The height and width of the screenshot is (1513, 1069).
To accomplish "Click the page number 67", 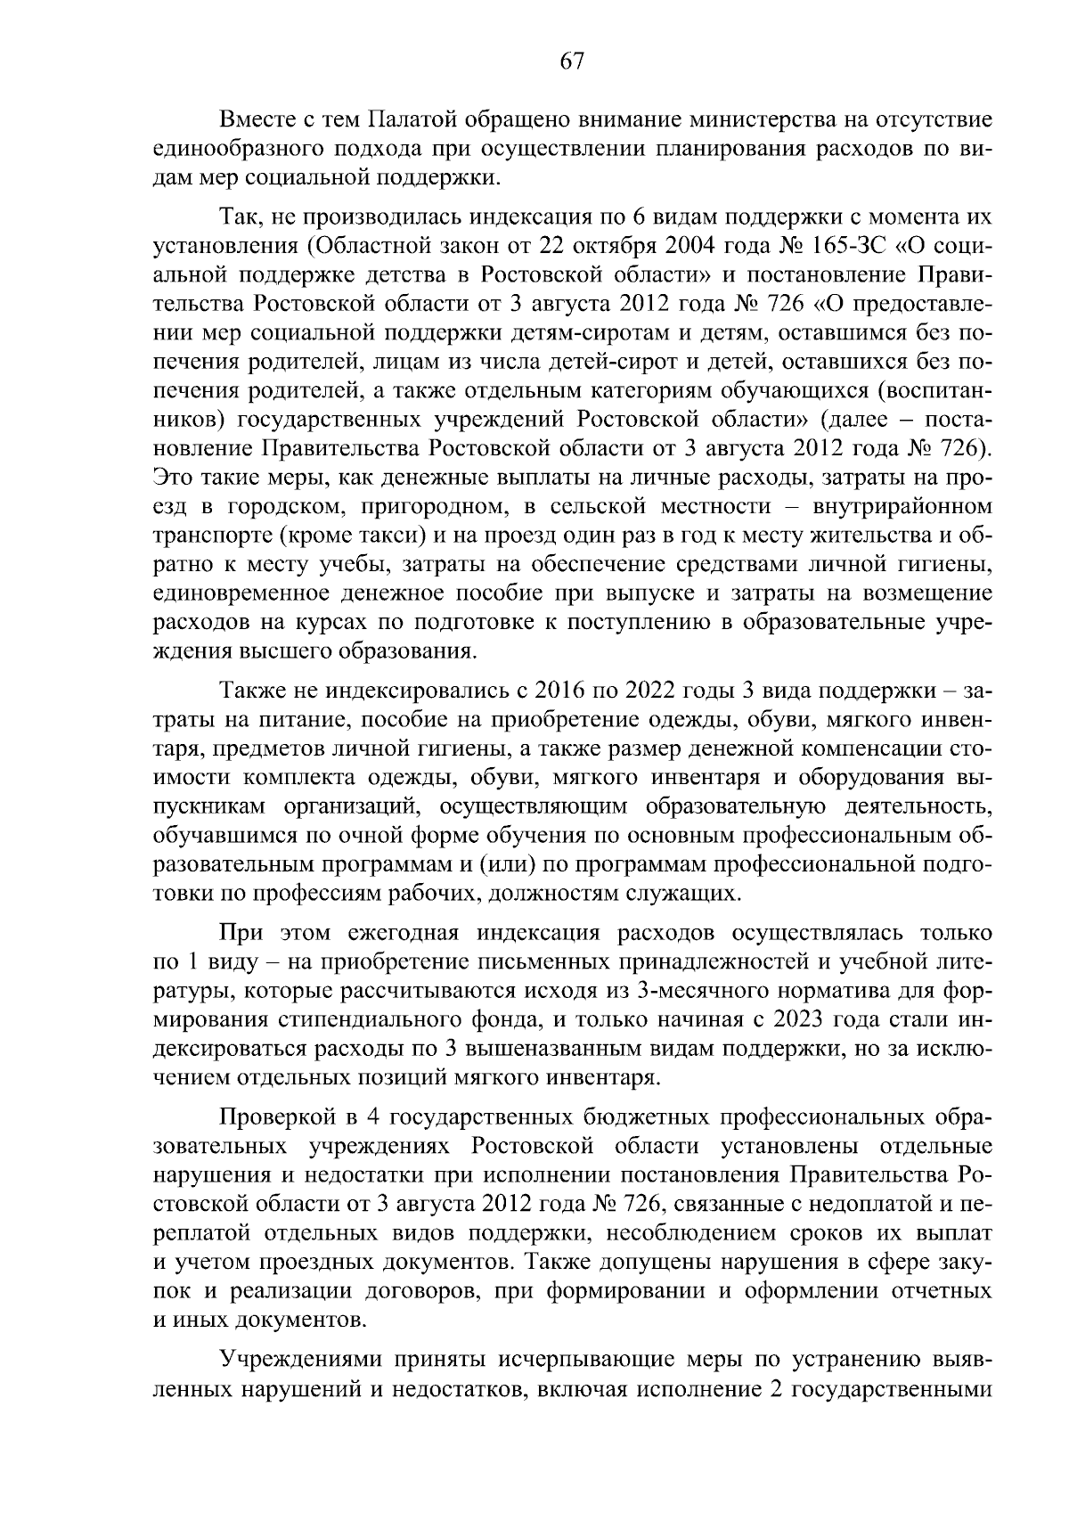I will pyautogui.click(x=571, y=61).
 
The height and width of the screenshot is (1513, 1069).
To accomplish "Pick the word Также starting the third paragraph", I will pyautogui.click(x=252, y=691).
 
